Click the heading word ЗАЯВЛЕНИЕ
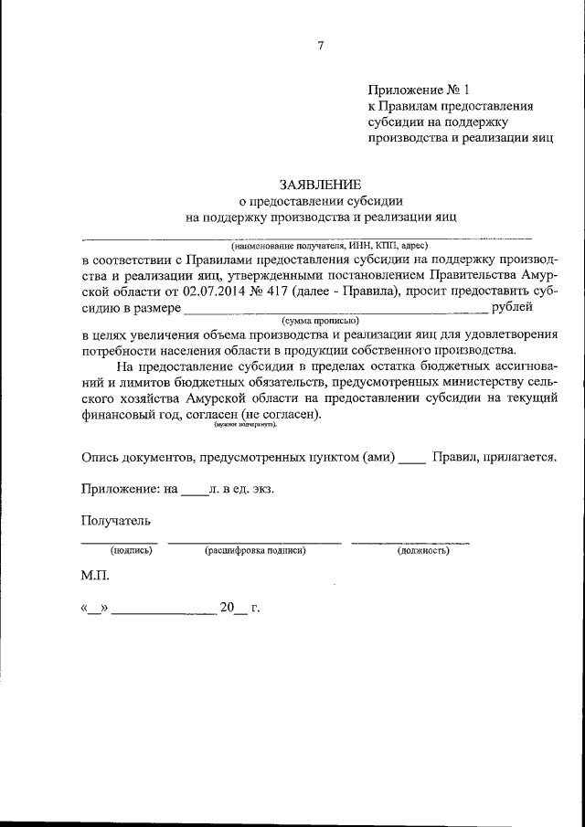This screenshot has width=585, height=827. [x=320, y=184]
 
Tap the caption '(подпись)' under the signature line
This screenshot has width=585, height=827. [x=131, y=551]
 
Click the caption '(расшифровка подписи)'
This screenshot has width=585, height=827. [x=255, y=551]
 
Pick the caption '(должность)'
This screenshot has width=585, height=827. [x=421, y=551]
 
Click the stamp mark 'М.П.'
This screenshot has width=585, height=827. [x=95, y=578]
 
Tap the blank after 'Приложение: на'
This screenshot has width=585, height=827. [x=195, y=491]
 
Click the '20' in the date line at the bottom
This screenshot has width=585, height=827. [x=228, y=608]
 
